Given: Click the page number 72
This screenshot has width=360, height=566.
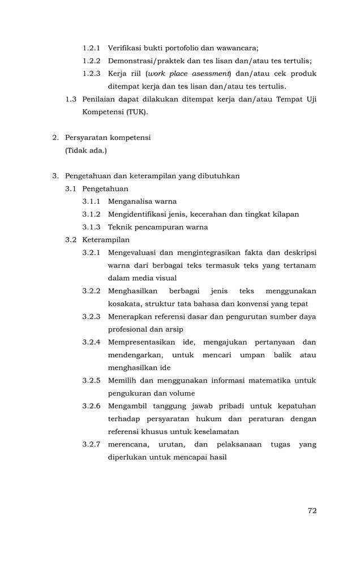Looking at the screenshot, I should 312,511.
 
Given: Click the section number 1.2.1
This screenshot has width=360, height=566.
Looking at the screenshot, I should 91,48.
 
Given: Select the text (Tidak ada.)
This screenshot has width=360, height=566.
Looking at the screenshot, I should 85,150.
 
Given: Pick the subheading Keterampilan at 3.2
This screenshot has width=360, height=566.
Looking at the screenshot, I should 106,239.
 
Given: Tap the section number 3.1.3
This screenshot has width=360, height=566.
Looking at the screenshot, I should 91,227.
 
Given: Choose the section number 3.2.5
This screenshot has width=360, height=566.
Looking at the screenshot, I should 91,380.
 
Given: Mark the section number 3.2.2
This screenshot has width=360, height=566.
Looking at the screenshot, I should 91,291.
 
